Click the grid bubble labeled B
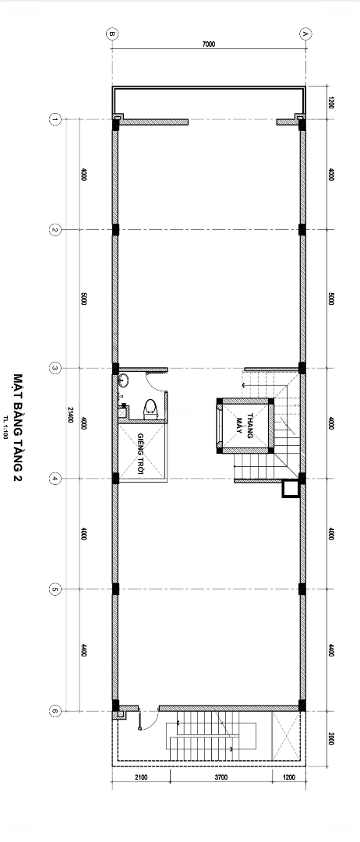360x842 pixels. [112, 34]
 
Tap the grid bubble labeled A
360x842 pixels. [304, 34]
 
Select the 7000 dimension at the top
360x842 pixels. [209, 44]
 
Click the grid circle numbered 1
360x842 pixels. [55, 119]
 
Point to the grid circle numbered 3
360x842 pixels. [55, 368]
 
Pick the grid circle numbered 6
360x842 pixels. [55, 711]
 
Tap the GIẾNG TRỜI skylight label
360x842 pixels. [141, 450]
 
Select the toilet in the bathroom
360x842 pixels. [150, 409]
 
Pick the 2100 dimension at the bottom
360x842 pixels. [141, 777]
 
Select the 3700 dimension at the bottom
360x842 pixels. [221, 777]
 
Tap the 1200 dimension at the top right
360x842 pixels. [330, 103]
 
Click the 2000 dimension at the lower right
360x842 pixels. [330, 738]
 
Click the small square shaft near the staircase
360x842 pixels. [290, 489]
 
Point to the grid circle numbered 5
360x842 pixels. [55, 589]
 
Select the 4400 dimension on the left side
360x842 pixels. [84, 650]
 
